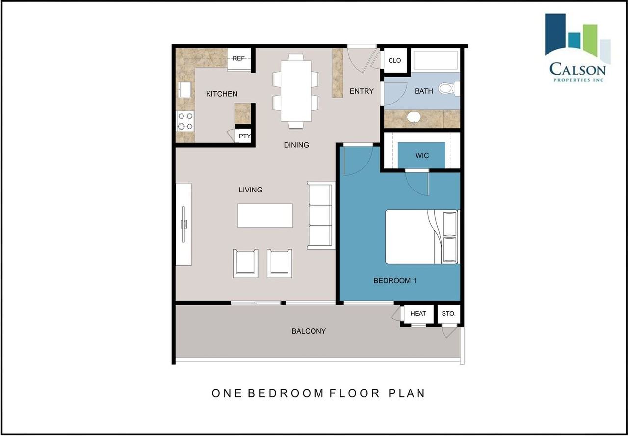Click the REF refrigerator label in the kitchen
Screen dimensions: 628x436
click(x=238, y=58)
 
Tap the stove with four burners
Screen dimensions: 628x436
click(x=185, y=121)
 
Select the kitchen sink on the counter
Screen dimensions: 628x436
click(x=185, y=89)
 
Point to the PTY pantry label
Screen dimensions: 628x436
click(x=245, y=136)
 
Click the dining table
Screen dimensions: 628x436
click(x=296, y=91)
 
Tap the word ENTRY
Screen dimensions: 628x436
click(x=362, y=91)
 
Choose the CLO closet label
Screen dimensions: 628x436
click(x=395, y=60)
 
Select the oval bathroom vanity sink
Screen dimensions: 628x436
click(x=414, y=117)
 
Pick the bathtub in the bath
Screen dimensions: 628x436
click(x=436, y=60)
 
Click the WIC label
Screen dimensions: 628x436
click(x=422, y=156)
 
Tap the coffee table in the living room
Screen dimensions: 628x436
click(x=265, y=216)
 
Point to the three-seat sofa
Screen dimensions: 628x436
click(x=321, y=215)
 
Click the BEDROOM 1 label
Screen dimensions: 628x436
click(x=395, y=280)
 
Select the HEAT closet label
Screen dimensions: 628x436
click(x=418, y=313)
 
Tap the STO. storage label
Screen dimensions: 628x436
click(x=448, y=313)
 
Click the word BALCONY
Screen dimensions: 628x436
click(x=309, y=331)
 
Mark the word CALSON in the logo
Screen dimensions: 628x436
click(x=577, y=69)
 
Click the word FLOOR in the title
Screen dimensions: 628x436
click(x=355, y=393)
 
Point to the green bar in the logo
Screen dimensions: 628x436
click(x=590, y=40)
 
